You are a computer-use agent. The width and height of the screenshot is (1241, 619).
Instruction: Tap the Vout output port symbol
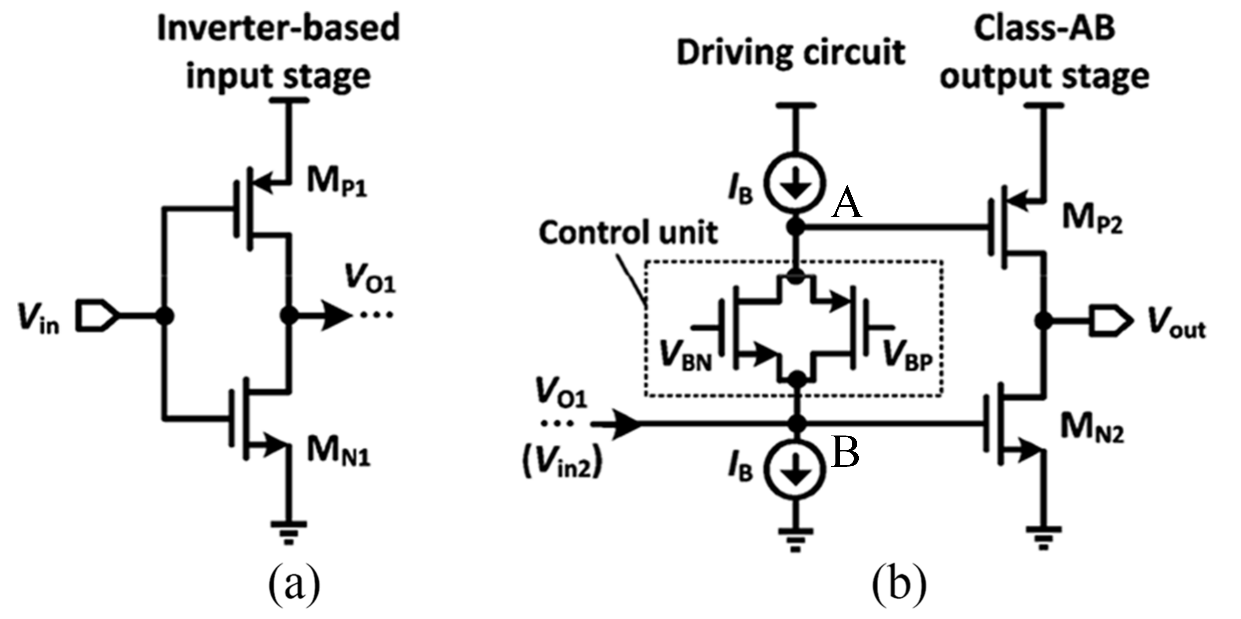(x=1110, y=321)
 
